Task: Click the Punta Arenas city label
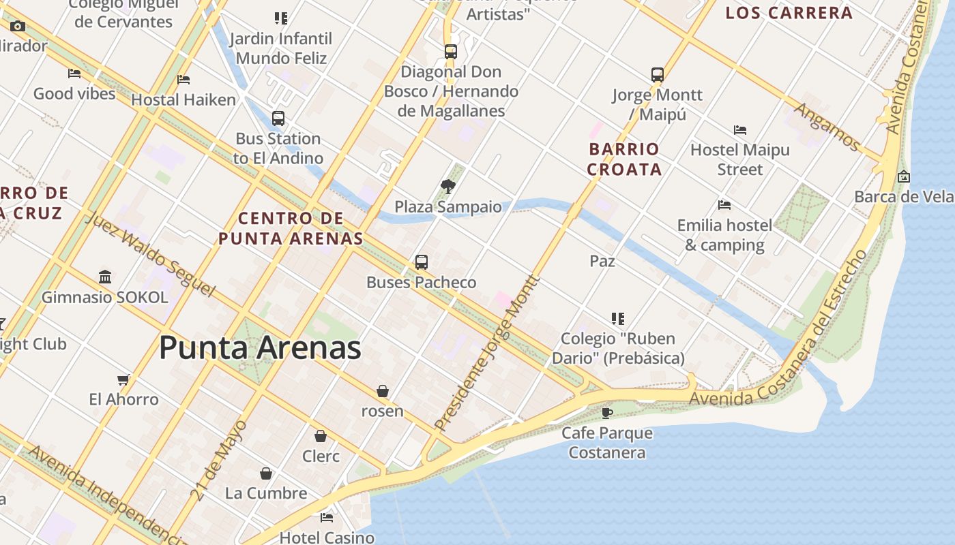260,348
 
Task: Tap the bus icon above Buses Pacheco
422,262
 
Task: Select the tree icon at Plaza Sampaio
448,186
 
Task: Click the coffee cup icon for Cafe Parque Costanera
607,412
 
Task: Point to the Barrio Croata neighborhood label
624,159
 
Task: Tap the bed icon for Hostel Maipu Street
740,129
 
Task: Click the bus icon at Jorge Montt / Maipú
657,74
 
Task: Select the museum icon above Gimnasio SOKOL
105,277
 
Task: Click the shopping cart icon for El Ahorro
123,379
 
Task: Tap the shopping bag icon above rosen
383,391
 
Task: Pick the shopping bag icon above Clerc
321,436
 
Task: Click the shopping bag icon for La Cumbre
266,473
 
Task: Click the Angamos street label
827,126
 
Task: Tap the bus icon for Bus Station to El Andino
278,118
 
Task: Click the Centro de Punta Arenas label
291,228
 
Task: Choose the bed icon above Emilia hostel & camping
724,204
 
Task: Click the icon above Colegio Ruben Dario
618,318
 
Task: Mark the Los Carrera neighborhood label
789,13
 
